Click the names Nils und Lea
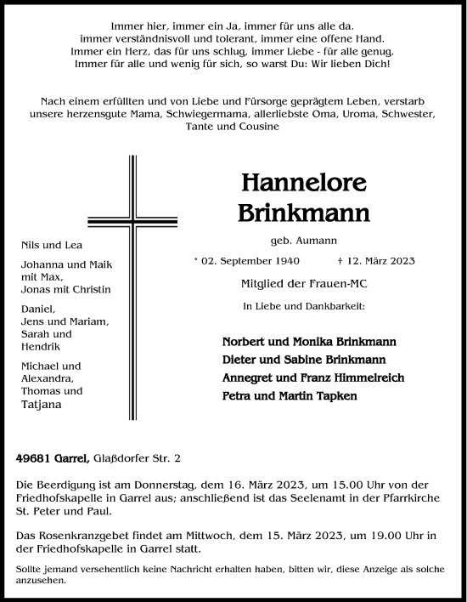coord(43,245)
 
